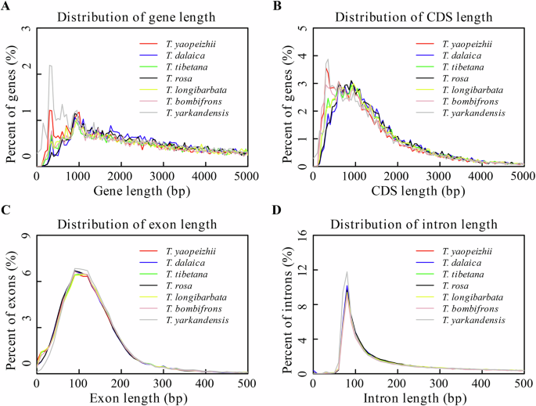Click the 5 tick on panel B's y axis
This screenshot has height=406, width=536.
point(304,28)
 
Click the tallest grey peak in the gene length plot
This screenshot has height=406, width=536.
point(51,66)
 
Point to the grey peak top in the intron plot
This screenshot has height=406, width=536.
point(347,271)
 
